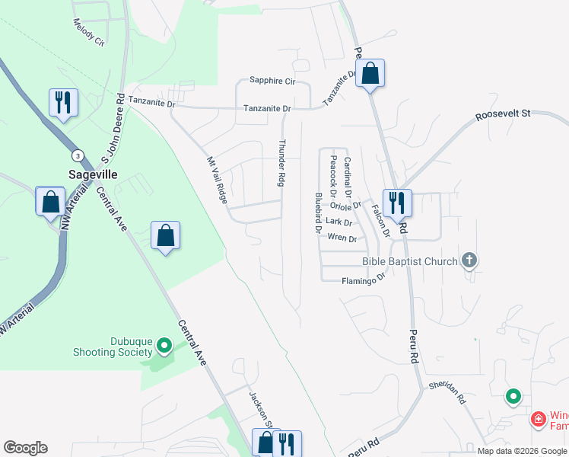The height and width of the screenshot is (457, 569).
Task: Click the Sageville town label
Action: (x=93, y=174)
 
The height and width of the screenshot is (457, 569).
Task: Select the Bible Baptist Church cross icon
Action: (x=469, y=261)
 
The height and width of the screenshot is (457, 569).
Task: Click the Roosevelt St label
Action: (x=502, y=114)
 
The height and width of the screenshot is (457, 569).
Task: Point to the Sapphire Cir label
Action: (x=272, y=81)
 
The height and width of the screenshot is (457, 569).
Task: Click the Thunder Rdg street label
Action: (x=281, y=163)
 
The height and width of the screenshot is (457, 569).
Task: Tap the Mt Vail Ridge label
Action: (x=218, y=180)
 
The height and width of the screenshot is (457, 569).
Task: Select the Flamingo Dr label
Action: (x=364, y=281)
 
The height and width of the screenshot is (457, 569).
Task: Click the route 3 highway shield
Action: (x=78, y=155)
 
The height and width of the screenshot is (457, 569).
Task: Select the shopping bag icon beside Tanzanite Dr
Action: (x=370, y=74)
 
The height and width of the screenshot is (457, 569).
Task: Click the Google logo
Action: (x=25, y=448)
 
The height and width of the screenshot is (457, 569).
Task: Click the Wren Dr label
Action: (x=342, y=238)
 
